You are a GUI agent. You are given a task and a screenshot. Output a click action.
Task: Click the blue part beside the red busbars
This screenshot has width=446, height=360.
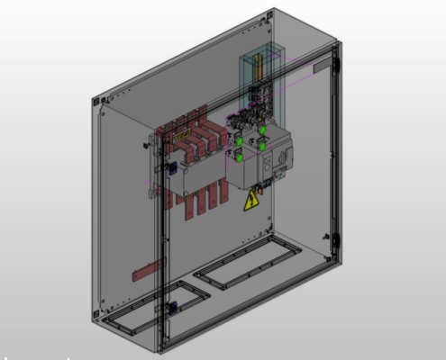click(x=168, y=168)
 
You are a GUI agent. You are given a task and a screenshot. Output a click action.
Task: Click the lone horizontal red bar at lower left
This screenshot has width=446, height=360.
click(x=148, y=268)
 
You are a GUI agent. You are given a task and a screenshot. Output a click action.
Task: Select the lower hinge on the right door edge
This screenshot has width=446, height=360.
click(x=336, y=240)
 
